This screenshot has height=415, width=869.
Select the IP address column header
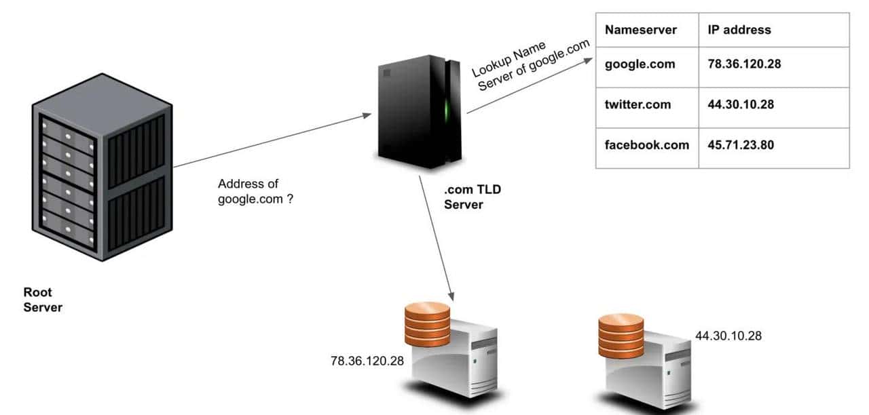739,30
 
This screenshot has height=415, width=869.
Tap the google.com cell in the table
640,64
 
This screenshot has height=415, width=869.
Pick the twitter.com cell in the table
637,104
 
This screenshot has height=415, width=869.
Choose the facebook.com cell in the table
646,145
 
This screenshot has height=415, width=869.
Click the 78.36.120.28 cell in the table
745,64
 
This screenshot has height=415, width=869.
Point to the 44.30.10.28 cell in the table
741,104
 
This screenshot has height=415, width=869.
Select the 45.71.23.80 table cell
741,145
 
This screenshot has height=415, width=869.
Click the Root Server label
43,300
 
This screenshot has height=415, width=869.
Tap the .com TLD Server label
472,197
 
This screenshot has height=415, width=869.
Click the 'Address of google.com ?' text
255,192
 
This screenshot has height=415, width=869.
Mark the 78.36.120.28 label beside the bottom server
367,361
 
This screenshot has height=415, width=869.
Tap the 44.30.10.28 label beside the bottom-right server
728,336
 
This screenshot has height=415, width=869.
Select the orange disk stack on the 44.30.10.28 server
621,335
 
